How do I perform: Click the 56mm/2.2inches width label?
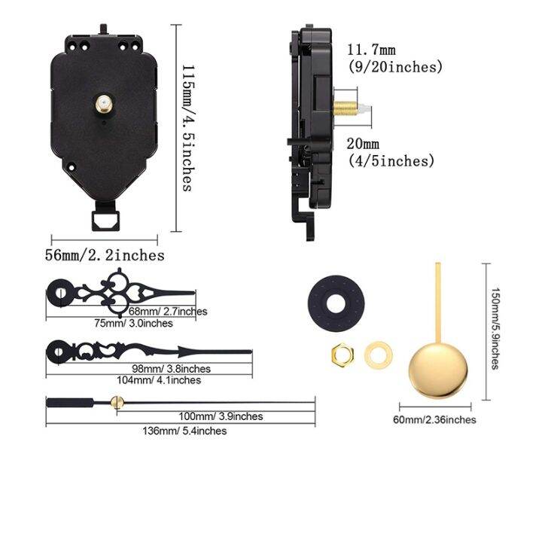(104, 255)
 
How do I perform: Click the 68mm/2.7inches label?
(167, 311)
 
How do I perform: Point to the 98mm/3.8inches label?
(172, 368)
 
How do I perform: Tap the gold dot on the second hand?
(116, 405)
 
